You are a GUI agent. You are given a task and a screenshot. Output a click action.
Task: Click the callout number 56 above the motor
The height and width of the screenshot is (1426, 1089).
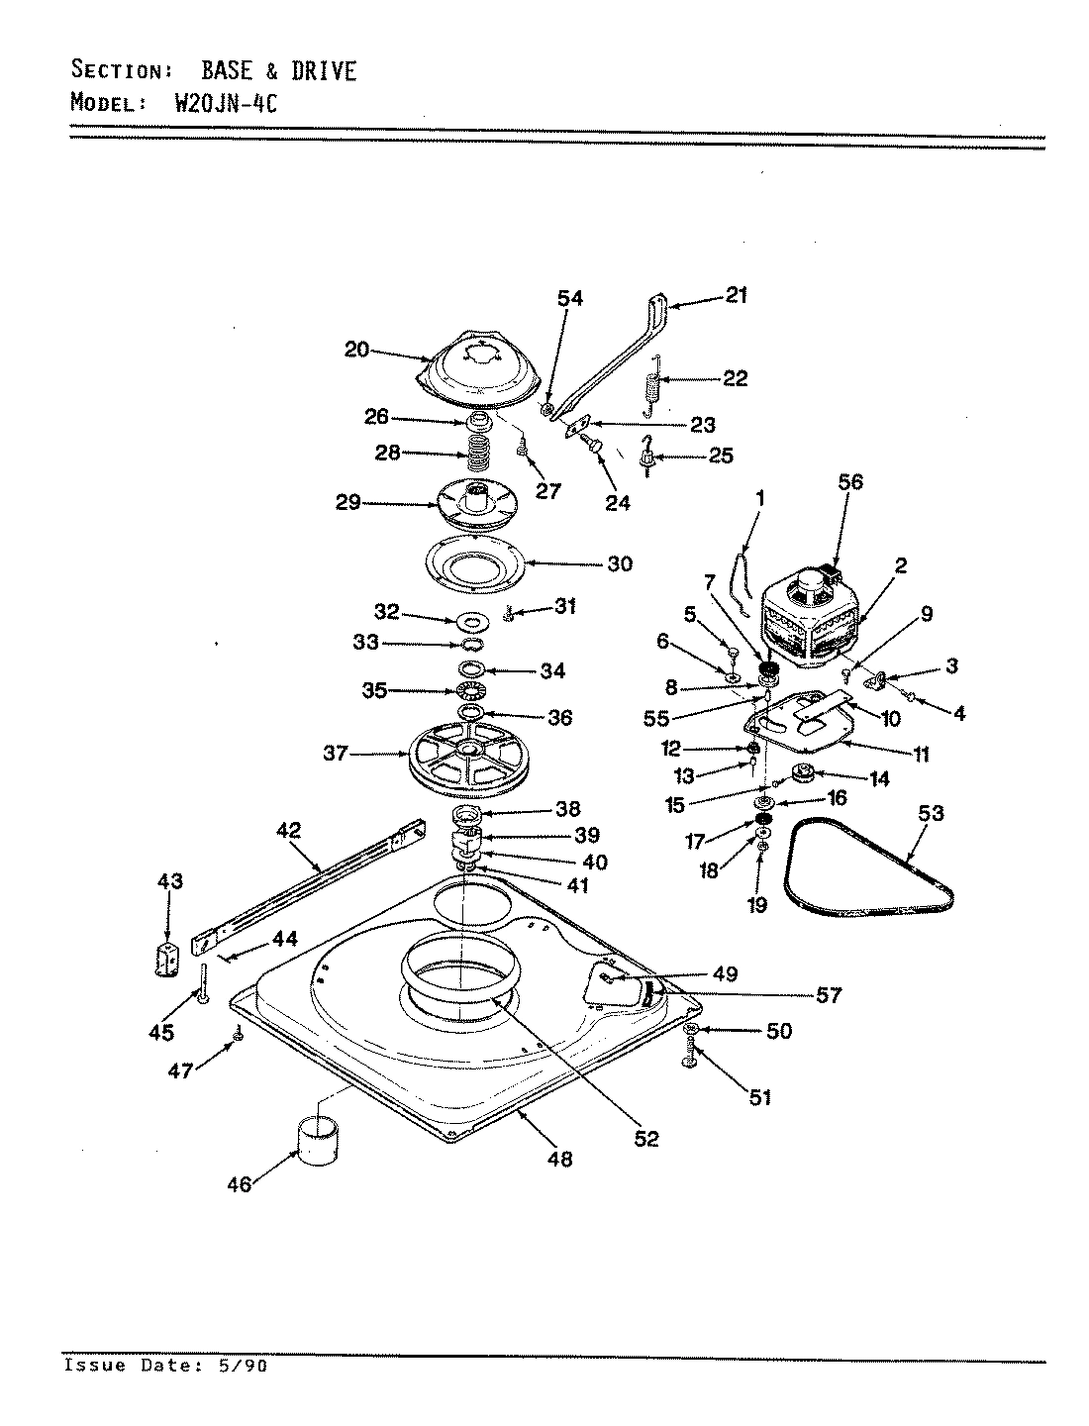click(x=850, y=482)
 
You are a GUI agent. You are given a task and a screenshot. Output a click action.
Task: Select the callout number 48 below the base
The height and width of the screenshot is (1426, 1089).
click(x=560, y=1159)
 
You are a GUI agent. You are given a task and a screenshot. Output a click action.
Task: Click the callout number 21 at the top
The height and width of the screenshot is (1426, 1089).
click(x=737, y=294)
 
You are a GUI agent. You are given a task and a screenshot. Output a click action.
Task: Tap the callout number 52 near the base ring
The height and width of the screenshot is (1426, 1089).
click(x=645, y=1139)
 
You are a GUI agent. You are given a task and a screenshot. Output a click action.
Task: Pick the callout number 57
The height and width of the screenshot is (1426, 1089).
click(x=829, y=995)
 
